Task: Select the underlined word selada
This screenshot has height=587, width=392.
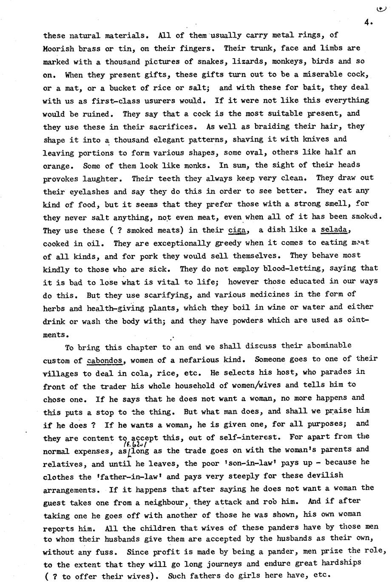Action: coord(335,231)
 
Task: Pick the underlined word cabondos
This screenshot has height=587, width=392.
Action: coord(105,360)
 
